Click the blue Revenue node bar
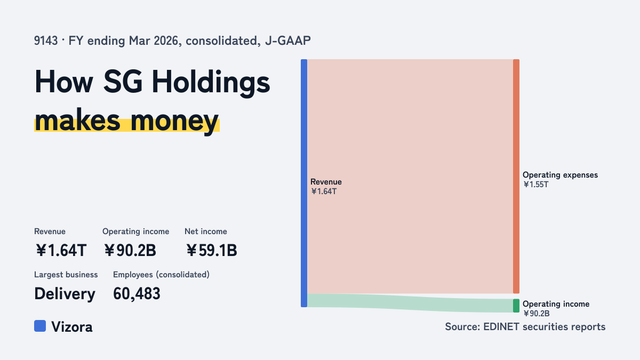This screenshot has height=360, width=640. tap(304, 183)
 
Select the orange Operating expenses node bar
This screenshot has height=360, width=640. tap(516, 177)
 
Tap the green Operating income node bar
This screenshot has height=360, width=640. tap(516, 306)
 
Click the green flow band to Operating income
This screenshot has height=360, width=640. tap(410, 303)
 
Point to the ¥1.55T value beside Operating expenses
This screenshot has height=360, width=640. tap(535, 185)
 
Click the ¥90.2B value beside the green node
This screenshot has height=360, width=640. tap(537, 314)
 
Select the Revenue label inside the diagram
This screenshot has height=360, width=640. tap(326, 182)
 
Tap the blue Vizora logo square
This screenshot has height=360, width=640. tap(40, 326)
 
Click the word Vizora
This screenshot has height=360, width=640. tap(72, 327)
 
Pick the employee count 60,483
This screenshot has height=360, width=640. tap(137, 294)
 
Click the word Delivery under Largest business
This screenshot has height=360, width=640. tap(65, 294)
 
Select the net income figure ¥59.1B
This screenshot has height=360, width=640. tap(211, 251)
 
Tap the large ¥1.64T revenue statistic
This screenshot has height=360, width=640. tap(61, 251)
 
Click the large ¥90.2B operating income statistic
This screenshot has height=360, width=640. tap(130, 251)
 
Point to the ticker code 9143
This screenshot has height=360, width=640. tap(46, 41)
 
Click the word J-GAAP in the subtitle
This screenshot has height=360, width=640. tap(288, 41)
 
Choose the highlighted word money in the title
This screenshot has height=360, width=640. tap(174, 121)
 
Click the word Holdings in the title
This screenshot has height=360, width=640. tap(211, 83)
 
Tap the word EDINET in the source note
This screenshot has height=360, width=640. tap(501, 327)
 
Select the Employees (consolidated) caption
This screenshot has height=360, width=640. tap(161, 275)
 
